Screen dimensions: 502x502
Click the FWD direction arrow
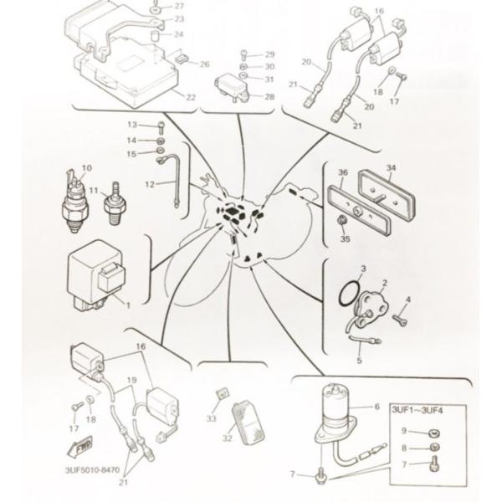(79, 446)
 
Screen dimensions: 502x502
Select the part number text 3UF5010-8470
(92, 470)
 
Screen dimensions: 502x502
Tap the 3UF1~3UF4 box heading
(417, 410)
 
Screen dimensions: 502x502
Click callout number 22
(191, 97)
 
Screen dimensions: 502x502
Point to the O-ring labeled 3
(347, 295)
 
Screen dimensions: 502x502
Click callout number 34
(391, 167)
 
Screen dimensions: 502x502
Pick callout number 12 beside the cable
(150, 184)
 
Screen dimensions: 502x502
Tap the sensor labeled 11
(115, 204)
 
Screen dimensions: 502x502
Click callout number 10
(87, 168)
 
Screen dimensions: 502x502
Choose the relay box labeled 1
(96, 275)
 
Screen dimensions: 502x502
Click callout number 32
(227, 438)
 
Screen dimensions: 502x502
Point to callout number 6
(376, 407)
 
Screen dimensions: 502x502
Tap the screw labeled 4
(400, 320)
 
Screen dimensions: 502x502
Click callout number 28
(269, 96)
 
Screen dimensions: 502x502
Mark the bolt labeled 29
(244, 55)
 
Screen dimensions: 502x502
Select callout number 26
(205, 64)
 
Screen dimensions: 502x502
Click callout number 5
(359, 360)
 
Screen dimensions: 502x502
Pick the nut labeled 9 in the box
(434, 433)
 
